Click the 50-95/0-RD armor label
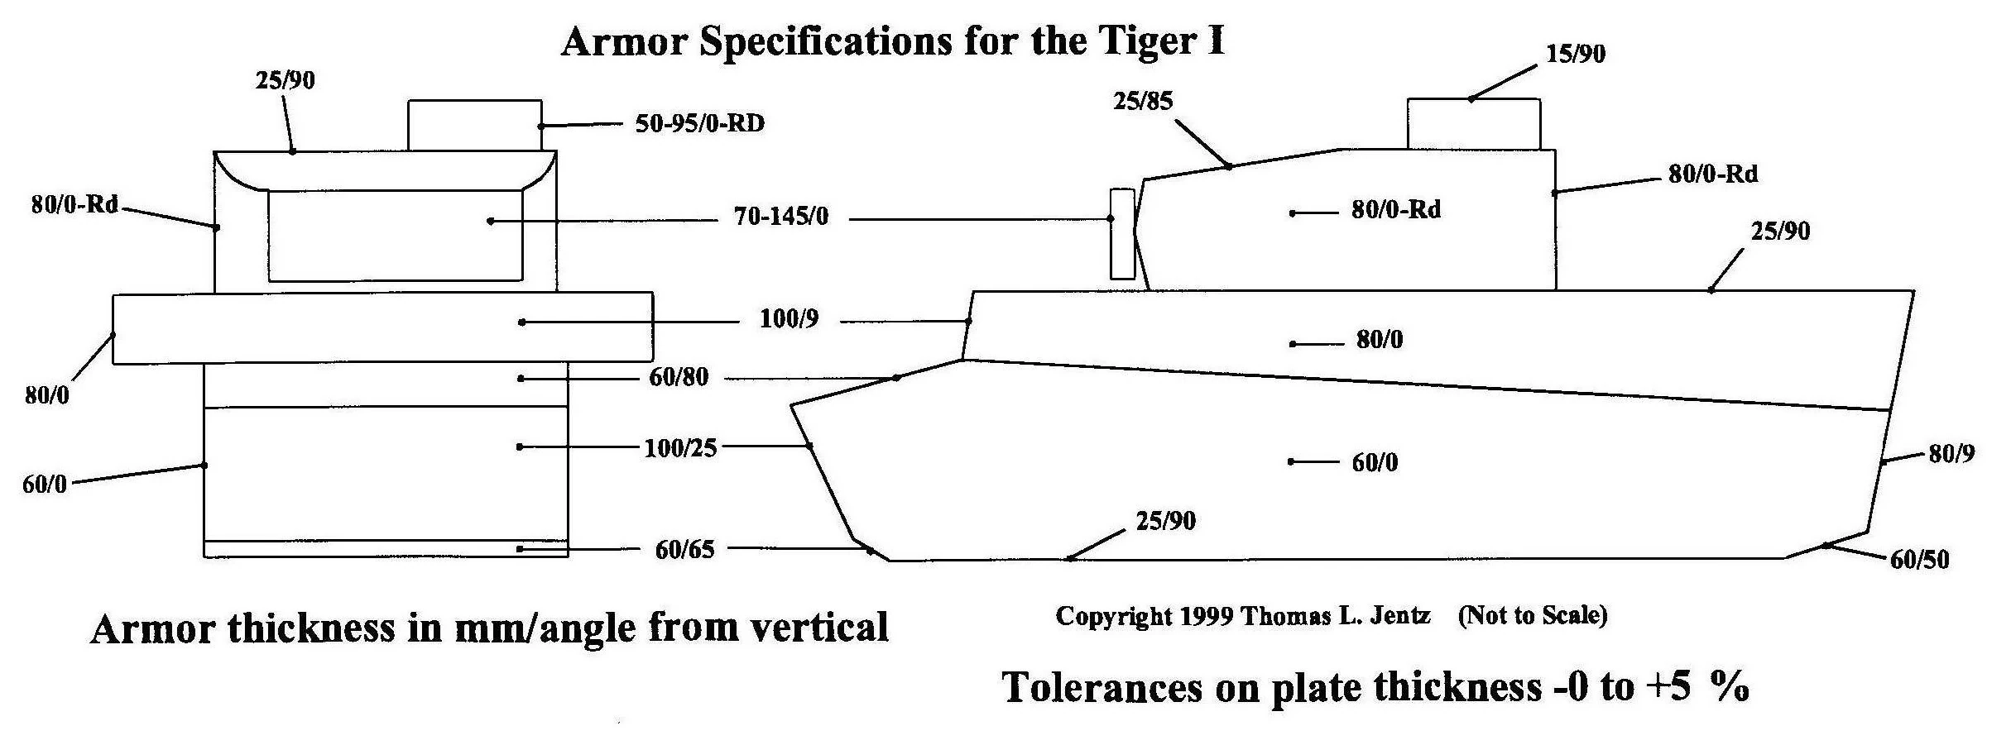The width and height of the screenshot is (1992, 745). [699, 124]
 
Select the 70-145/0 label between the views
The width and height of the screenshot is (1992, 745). [780, 217]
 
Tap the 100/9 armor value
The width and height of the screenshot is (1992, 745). [789, 319]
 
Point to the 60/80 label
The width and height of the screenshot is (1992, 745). [679, 377]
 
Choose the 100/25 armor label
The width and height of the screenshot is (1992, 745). [680, 448]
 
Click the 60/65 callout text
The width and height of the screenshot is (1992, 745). [684, 550]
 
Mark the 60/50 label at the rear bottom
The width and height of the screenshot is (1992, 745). [1919, 560]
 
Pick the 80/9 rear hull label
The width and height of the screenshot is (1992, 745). [1951, 453]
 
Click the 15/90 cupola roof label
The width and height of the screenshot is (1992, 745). [1576, 54]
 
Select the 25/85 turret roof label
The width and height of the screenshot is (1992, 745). [1143, 101]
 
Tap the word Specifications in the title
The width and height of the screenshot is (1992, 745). [825, 41]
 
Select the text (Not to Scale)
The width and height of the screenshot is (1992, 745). [1532, 615]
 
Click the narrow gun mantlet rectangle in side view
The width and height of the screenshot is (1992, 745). [1122, 234]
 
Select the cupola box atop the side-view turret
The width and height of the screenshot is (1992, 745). [1473, 125]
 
